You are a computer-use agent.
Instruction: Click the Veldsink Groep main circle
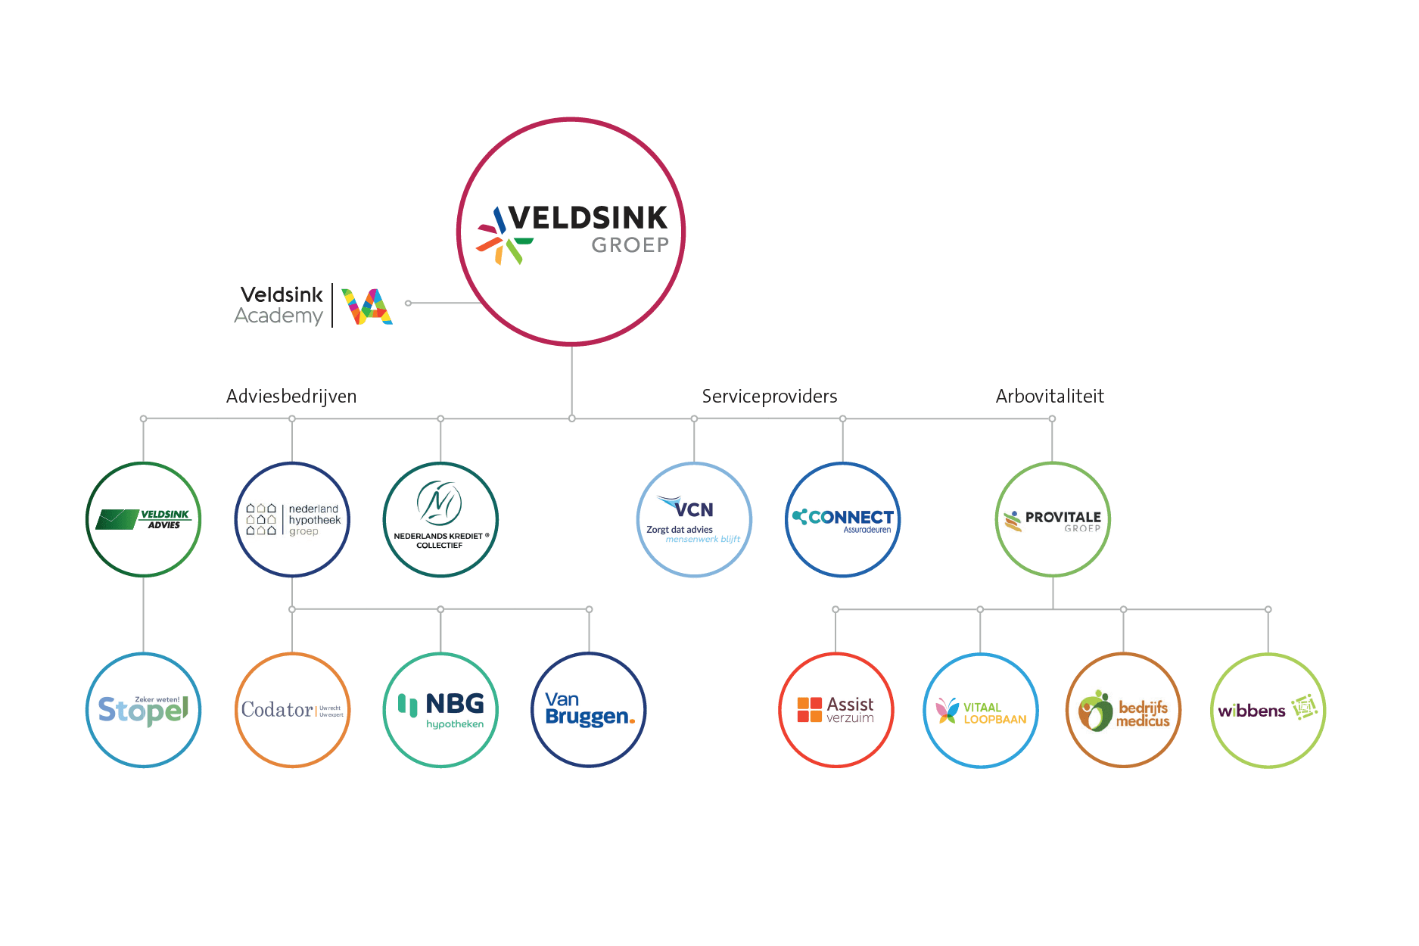(x=571, y=232)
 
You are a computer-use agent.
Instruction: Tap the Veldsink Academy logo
(x=313, y=306)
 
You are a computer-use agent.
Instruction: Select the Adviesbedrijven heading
(x=291, y=397)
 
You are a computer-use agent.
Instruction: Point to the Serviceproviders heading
(x=769, y=397)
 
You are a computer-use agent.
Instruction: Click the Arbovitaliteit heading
(x=1050, y=397)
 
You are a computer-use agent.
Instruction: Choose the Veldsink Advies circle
(x=144, y=520)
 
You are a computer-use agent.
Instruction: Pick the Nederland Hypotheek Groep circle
(x=292, y=520)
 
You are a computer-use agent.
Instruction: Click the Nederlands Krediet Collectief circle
(x=440, y=520)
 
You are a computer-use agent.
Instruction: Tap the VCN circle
(x=694, y=520)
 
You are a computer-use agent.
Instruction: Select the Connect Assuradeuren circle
(x=842, y=520)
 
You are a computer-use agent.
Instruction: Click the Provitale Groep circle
(x=1053, y=520)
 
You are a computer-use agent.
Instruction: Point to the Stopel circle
(x=144, y=710)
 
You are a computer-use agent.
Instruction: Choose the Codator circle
(x=292, y=710)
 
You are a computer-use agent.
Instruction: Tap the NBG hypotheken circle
(x=440, y=710)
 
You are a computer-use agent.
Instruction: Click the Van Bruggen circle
(x=589, y=710)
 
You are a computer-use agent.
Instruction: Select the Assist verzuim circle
(x=836, y=710)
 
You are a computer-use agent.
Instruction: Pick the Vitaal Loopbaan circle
(x=980, y=710)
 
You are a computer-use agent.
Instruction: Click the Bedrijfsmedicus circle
(x=1124, y=710)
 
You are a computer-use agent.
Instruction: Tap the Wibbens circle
(x=1268, y=710)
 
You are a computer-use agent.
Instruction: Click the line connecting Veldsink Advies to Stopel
(x=144, y=615)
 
